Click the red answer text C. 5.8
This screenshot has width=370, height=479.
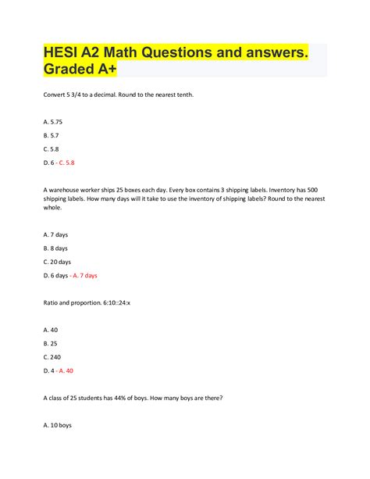pos(87,163)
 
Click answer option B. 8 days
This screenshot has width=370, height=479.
pos(58,248)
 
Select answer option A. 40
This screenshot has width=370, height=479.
pos(52,329)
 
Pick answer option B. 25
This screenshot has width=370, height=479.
pos(52,343)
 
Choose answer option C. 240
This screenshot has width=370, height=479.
pos(53,357)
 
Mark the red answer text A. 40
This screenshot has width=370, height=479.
pos(82,370)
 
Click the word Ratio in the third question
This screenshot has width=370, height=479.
pos(52,301)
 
